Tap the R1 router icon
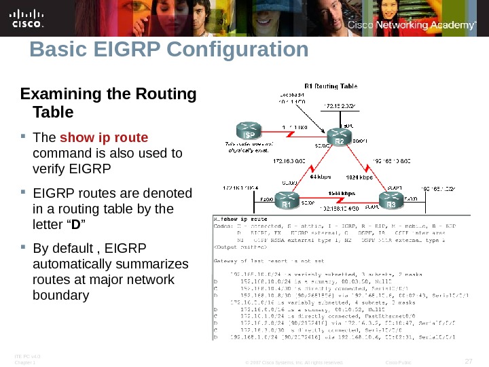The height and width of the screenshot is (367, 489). [287, 202]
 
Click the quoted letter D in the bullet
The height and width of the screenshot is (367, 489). [76, 224]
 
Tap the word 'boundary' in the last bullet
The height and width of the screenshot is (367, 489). [60, 296]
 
